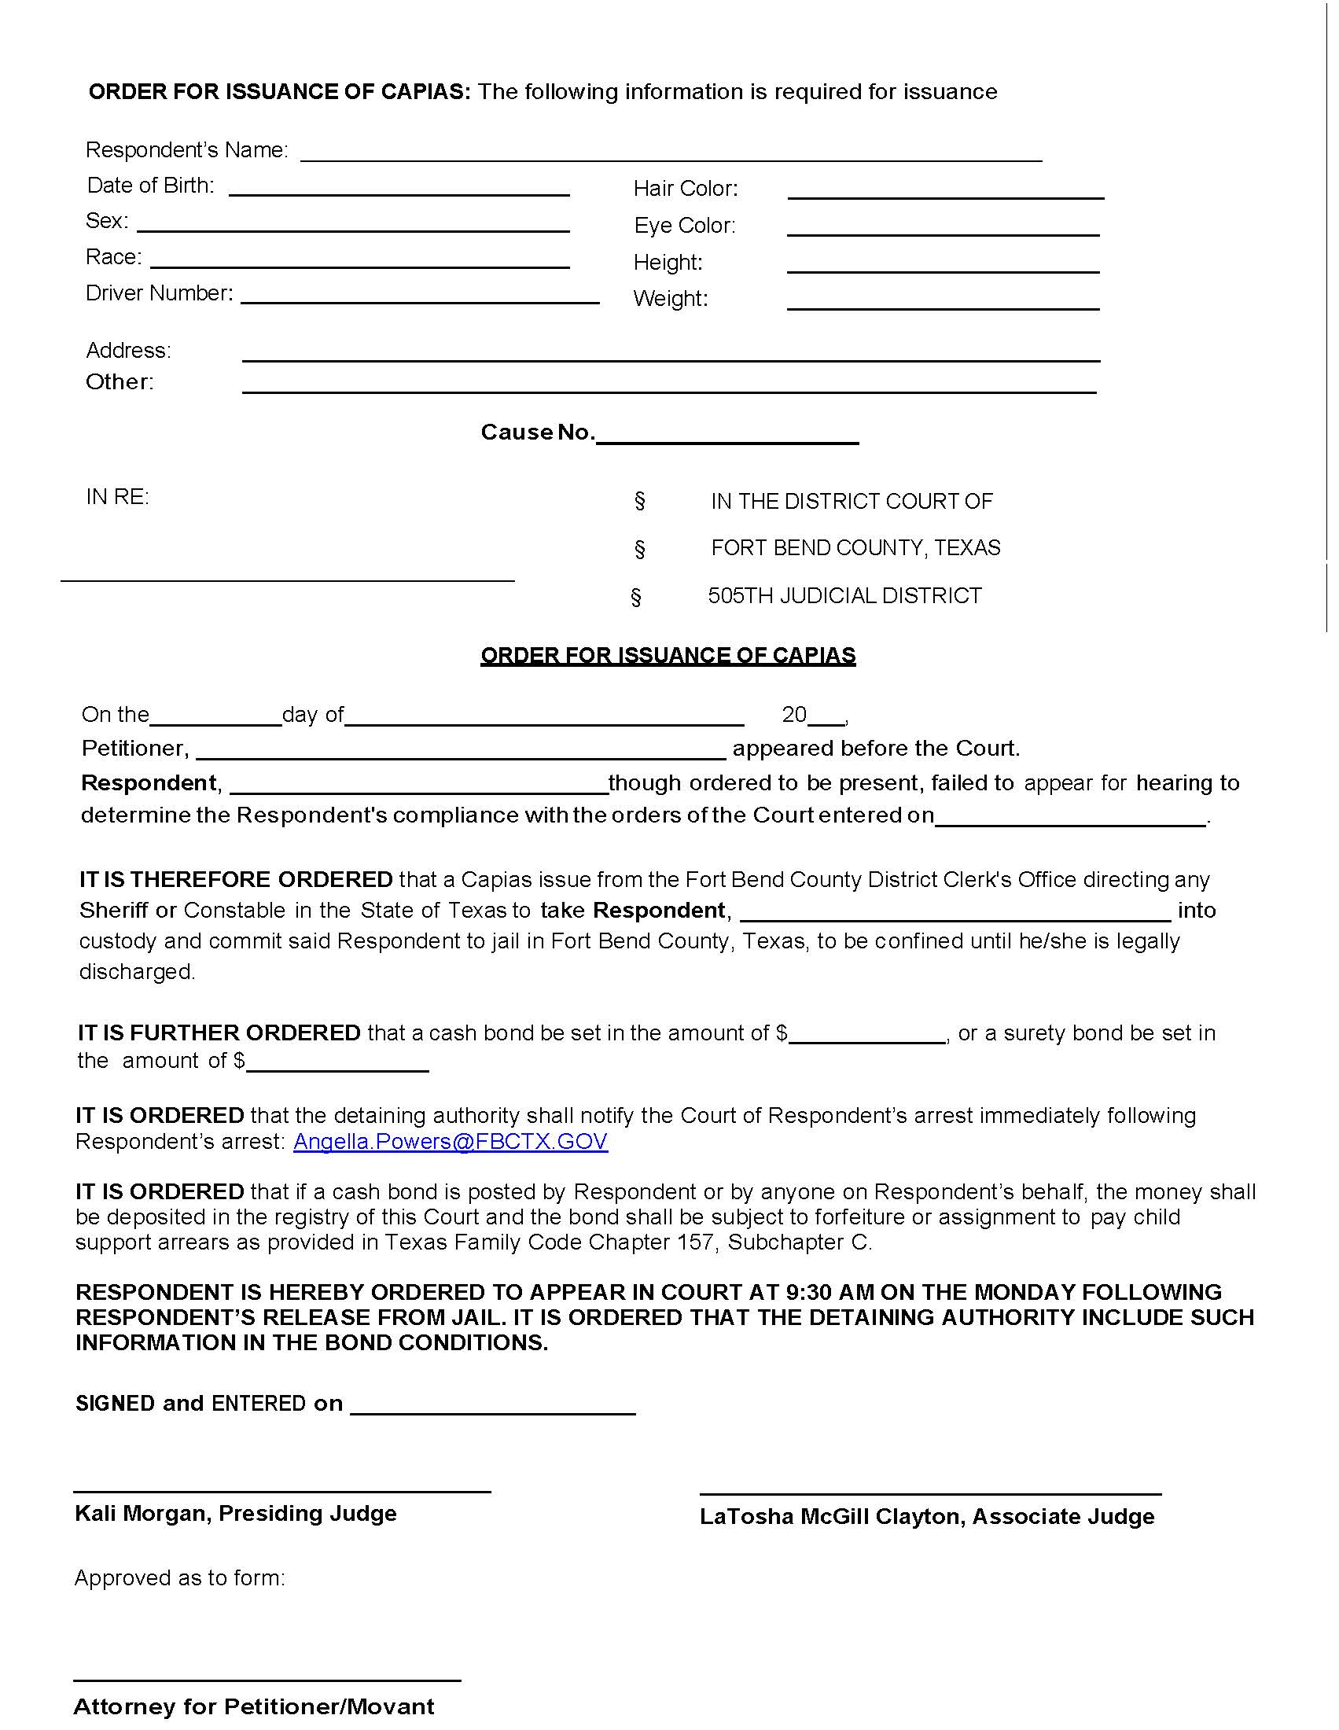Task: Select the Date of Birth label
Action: tap(150, 186)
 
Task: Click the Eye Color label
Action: tap(684, 226)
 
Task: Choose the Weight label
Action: tap(670, 299)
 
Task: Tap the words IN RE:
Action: tap(117, 497)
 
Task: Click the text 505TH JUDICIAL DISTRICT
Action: tap(844, 596)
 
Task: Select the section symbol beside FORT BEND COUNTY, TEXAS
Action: tap(640, 548)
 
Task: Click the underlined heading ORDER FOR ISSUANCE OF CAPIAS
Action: tap(668, 655)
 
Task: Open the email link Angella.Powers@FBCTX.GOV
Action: tap(451, 1142)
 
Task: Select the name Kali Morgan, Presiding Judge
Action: tap(235, 1513)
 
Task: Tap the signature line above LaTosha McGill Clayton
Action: tap(930, 1493)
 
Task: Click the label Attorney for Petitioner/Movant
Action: tap(253, 1706)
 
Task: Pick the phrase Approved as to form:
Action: tap(180, 1578)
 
